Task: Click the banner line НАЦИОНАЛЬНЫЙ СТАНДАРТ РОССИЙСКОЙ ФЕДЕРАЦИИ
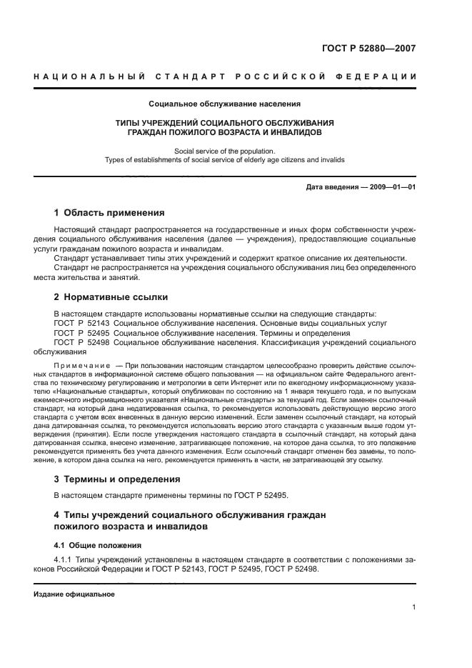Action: (x=225, y=76)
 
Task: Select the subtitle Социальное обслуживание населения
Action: (x=224, y=104)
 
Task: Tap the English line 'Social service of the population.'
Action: (x=224, y=151)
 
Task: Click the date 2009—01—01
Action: (x=391, y=188)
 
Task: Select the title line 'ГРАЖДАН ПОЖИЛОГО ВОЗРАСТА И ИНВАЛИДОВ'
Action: (x=224, y=133)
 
